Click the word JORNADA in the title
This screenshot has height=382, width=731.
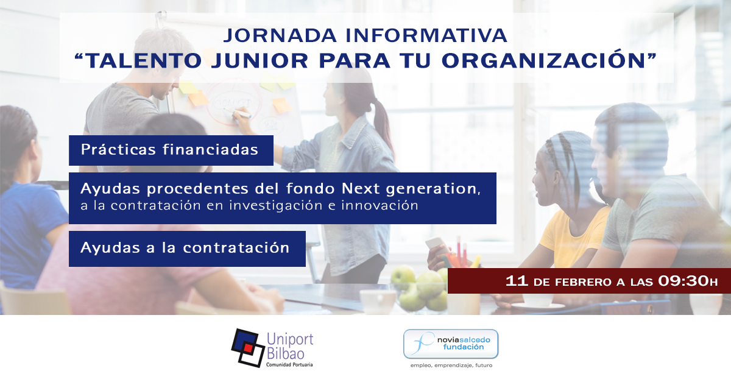(x=280, y=36)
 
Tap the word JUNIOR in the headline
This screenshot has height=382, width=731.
(x=260, y=61)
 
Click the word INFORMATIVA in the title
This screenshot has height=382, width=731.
(x=426, y=36)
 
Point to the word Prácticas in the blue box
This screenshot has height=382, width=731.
(x=118, y=149)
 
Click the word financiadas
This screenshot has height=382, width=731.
(x=211, y=149)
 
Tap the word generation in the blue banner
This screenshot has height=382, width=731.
(x=433, y=189)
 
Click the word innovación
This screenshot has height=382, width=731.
(x=380, y=206)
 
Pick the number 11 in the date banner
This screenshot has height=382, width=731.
(x=517, y=281)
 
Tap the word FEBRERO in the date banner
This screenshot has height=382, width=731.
(x=583, y=282)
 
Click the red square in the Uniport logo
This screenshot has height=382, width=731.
(x=249, y=348)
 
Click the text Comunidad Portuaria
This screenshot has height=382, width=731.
(x=289, y=365)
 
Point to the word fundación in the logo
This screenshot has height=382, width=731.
(x=464, y=347)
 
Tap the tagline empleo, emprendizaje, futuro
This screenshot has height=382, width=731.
(x=451, y=366)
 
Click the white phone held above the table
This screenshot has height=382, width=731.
(x=437, y=245)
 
